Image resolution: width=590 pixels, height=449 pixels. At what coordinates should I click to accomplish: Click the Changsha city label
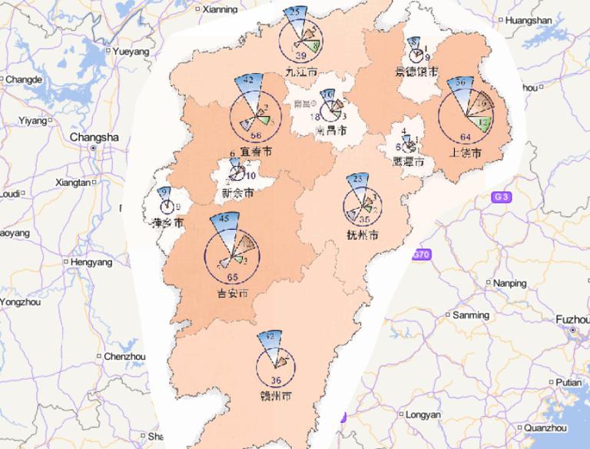[x=94, y=137]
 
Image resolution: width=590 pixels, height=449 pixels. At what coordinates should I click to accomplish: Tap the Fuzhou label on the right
[x=572, y=318]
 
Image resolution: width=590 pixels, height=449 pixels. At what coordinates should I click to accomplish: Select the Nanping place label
[x=510, y=283]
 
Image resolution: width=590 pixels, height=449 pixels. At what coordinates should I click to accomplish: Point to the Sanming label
[x=470, y=315]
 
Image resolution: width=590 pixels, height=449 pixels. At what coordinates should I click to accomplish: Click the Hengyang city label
[x=91, y=262]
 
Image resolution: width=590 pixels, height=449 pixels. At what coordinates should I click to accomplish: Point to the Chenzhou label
[x=124, y=357]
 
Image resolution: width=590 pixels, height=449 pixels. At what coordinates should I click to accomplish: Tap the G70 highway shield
[x=421, y=254]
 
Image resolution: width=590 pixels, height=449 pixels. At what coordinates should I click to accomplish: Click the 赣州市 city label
[x=276, y=397]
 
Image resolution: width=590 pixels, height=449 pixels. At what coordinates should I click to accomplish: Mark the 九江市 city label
[x=300, y=71]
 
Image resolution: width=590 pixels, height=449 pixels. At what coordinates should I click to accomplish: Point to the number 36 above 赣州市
[x=277, y=381]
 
